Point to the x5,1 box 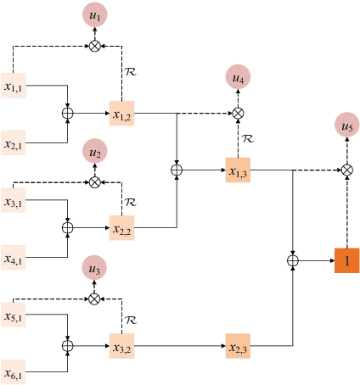tap(14, 317)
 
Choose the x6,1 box tap(14, 373)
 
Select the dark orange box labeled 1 tap(346, 260)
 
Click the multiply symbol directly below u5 tap(346, 170)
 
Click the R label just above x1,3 tap(248, 137)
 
